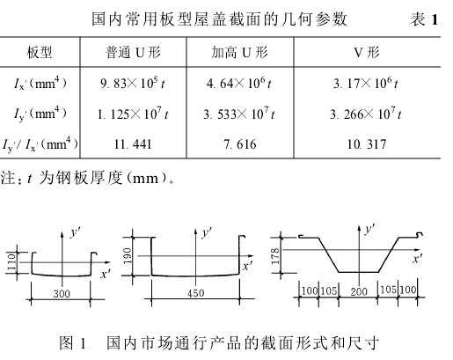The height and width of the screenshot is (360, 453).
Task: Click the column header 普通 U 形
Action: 133,53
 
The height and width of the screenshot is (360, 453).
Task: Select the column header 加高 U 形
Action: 240,53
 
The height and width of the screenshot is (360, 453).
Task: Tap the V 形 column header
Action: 367,53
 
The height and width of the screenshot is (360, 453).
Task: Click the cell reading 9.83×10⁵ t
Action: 133,84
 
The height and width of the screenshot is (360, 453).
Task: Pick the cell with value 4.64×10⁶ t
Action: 239,84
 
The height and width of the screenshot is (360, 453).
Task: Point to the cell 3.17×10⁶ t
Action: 366,84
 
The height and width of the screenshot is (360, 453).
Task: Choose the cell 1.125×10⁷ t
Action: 133,114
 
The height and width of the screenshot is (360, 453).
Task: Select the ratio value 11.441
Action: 133,144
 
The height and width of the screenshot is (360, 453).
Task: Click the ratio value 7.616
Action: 240,144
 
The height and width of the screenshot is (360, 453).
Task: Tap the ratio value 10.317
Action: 367,144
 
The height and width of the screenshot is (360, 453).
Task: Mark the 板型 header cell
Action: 40,53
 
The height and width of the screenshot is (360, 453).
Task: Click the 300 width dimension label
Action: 62,294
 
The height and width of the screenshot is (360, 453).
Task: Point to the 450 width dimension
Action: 195,293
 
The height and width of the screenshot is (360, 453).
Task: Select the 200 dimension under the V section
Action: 359,291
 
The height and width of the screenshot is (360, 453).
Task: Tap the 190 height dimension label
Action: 128,256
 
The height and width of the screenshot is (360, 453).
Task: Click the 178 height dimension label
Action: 275,256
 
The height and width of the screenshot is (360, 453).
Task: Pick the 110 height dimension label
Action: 11,262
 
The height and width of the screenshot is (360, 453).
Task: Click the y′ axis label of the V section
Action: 370,229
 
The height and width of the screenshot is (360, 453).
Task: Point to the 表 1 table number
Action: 424,19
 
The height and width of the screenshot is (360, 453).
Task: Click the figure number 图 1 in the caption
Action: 72,343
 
